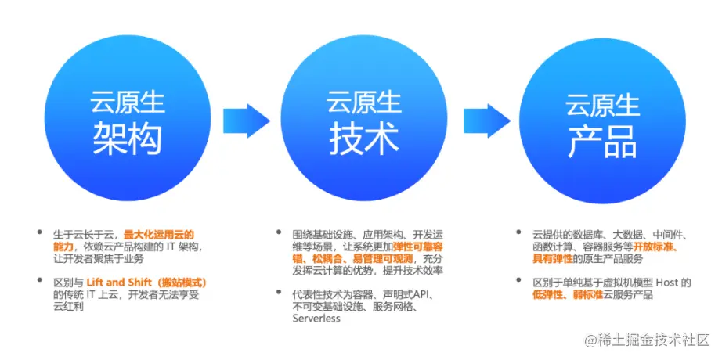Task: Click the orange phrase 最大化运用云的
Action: tap(158, 234)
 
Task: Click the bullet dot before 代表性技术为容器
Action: tap(278, 294)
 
